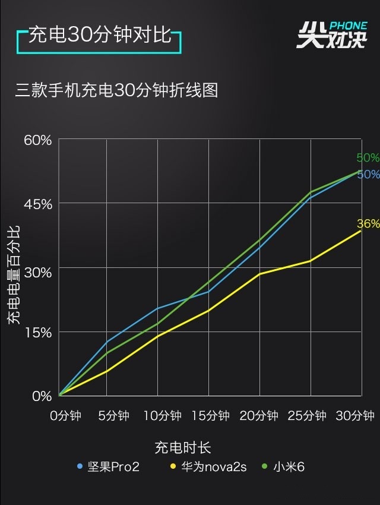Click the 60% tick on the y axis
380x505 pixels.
tap(38, 140)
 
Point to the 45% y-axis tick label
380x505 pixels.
tap(38, 204)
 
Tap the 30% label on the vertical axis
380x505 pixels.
tap(38, 269)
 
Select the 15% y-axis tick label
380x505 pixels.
tap(38, 333)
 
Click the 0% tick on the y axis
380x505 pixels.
tap(42, 396)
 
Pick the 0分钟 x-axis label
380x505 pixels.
tap(65, 416)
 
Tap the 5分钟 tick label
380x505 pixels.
tap(113, 416)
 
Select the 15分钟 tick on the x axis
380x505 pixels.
tap(210, 416)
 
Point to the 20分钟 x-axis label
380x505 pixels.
tap(259, 416)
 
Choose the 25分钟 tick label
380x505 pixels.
tap(307, 416)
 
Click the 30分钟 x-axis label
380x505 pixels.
tap(354, 416)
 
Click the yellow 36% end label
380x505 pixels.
tap(368, 224)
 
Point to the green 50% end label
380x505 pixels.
tap(368, 158)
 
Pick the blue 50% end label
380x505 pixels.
tap(368, 175)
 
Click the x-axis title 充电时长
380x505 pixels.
tap(183, 447)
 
